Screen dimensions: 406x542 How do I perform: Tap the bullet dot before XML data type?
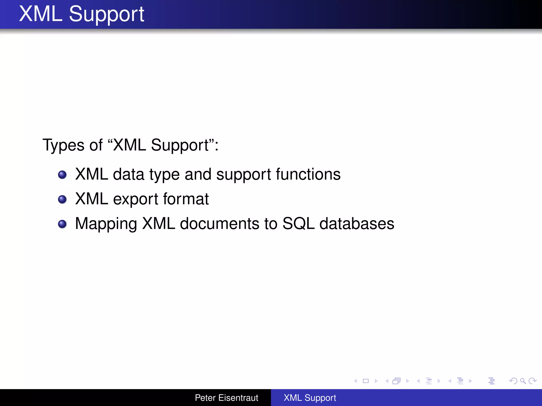click(x=62, y=175)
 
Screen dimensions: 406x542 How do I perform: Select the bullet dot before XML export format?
click(x=62, y=199)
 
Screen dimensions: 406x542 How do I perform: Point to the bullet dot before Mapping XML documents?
click(x=62, y=224)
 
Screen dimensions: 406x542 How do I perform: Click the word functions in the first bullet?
click(x=308, y=174)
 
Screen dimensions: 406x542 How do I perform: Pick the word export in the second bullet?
click(x=136, y=199)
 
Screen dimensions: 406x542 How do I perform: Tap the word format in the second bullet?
click(x=186, y=199)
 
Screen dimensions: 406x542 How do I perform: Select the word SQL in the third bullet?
click(x=298, y=224)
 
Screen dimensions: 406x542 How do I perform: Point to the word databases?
click(x=357, y=224)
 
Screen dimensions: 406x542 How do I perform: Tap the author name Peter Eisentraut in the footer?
click(x=226, y=398)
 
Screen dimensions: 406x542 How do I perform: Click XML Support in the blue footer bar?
click(x=310, y=398)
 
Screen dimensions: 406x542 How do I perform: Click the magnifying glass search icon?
click(x=523, y=381)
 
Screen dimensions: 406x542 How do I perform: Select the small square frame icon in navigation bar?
click(x=366, y=381)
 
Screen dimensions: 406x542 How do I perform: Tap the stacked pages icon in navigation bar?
click(x=396, y=381)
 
